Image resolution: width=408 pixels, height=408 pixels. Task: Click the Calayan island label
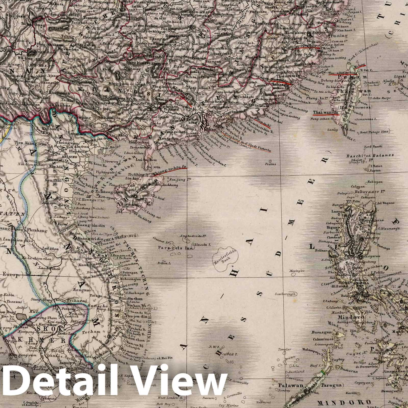pos(357,186)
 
